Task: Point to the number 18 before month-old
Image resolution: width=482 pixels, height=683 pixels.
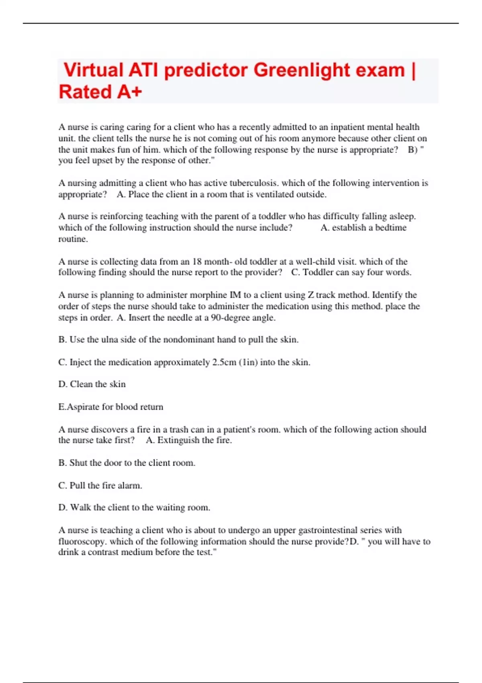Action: click(197, 262)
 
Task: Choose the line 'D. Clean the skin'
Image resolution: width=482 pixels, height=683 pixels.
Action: click(92, 384)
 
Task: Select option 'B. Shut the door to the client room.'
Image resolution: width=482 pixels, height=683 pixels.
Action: click(127, 463)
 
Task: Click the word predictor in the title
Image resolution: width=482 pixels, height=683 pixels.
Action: click(206, 70)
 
